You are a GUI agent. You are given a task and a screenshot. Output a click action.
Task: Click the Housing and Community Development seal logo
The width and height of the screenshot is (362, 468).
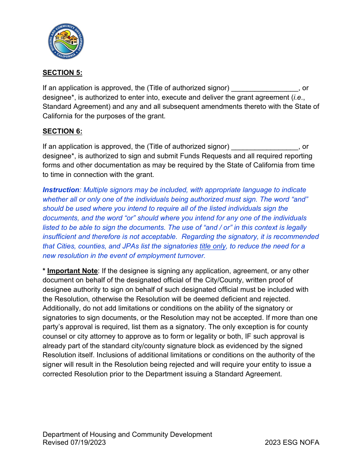(x=66, y=41)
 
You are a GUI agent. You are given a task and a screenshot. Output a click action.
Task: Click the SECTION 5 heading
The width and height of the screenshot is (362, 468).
(x=62, y=73)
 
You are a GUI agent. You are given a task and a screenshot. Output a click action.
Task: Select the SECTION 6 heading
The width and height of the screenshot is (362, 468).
(x=62, y=131)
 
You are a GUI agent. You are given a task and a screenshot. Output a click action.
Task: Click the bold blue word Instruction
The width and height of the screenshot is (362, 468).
(x=61, y=190)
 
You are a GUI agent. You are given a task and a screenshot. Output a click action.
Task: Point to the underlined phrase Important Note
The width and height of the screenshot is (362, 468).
(x=72, y=271)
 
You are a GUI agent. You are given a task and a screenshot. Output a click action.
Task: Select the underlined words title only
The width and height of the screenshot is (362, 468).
(x=213, y=246)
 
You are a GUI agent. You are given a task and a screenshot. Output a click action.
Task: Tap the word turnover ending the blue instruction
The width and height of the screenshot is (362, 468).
(x=191, y=256)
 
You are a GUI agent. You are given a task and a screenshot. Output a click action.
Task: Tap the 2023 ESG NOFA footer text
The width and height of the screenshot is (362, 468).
(x=292, y=443)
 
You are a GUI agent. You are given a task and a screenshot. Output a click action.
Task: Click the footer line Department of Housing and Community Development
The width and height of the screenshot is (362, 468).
(x=127, y=435)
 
